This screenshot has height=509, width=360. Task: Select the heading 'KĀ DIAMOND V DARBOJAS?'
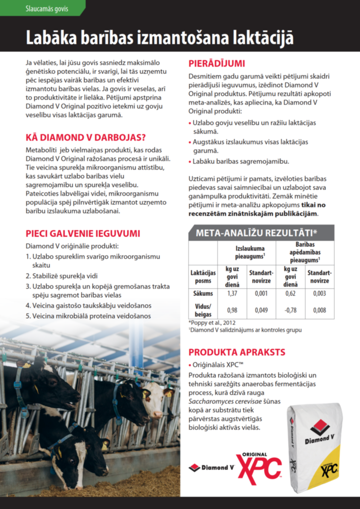[x=86, y=138]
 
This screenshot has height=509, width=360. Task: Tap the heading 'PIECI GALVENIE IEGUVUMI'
[x=82, y=234]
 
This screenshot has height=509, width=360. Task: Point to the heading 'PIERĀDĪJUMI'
[x=217, y=64]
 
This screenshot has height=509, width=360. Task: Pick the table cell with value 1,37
[x=232, y=294]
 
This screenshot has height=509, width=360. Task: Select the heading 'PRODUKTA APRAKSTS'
[x=237, y=352]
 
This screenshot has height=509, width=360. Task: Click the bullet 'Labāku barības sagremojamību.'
[x=240, y=161]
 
